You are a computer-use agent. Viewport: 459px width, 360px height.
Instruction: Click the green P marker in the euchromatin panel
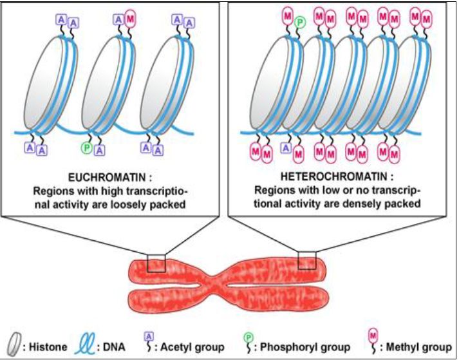(x=86, y=148)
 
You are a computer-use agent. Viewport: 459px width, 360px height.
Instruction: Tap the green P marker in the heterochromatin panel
(x=300, y=23)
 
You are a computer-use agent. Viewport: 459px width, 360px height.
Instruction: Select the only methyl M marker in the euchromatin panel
(x=131, y=19)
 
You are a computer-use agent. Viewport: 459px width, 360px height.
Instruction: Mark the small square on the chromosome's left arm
(x=156, y=263)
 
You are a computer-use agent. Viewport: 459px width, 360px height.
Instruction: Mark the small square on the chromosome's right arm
(x=308, y=260)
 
